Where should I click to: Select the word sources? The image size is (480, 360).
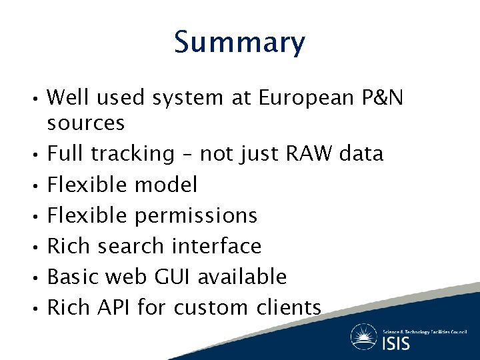click(86, 123)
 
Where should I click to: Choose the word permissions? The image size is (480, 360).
click(196, 216)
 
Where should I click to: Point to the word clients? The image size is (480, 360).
click(289, 307)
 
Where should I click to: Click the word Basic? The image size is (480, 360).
click(72, 277)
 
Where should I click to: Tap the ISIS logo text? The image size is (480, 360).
click(396, 343)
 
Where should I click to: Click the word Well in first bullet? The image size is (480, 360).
click(67, 98)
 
